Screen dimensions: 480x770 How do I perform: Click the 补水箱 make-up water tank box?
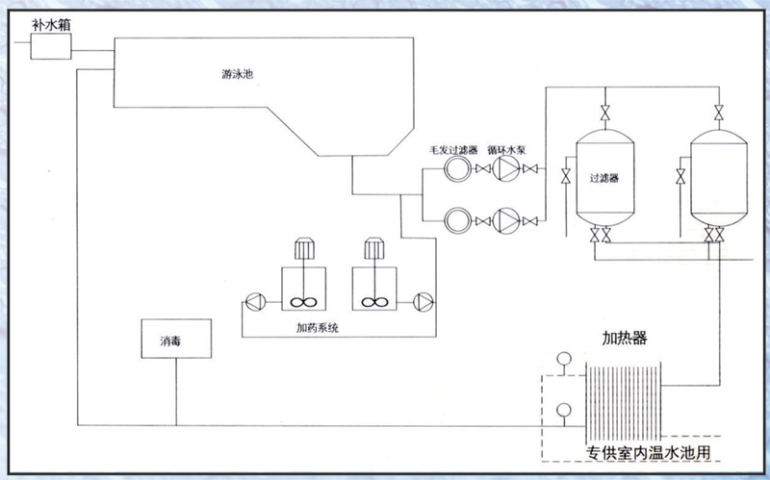[x=51, y=44]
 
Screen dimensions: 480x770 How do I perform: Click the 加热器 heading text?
[x=624, y=340]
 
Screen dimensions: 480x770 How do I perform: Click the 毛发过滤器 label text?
[x=452, y=151]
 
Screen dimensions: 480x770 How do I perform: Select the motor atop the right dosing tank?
[x=374, y=248]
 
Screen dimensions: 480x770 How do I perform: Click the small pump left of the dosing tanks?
[x=253, y=301]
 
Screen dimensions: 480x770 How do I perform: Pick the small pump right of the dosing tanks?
[x=423, y=301]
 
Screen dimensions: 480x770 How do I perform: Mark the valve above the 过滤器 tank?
[x=604, y=111]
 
